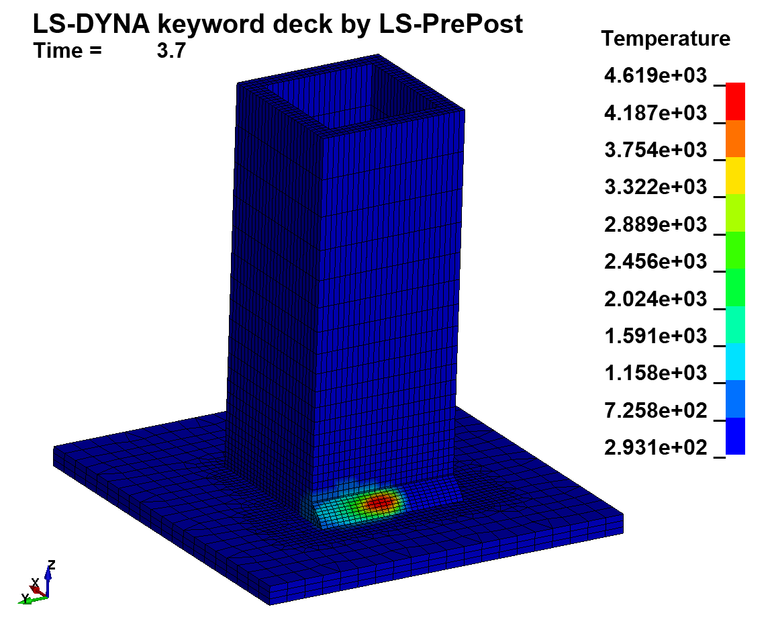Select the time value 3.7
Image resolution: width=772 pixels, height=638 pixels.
tap(171, 52)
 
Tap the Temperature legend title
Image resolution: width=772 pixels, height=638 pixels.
tap(665, 39)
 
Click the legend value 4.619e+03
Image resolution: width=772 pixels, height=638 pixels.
tap(655, 76)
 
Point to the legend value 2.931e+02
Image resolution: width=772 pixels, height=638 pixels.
tap(655, 447)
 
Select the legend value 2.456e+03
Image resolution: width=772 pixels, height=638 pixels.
tap(655, 262)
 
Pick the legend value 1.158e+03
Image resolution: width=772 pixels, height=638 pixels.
tap(655, 373)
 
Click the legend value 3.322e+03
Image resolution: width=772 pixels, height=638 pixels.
tap(655, 187)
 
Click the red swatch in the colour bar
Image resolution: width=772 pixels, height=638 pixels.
tap(736, 101)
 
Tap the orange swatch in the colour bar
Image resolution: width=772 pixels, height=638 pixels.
tap(736, 139)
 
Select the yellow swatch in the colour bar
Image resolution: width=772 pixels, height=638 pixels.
tap(736, 176)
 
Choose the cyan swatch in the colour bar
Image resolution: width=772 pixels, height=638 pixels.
tap(736, 361)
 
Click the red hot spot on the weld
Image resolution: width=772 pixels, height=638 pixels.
tap(380, 501)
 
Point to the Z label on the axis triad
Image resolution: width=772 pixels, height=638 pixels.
tap(51, 564)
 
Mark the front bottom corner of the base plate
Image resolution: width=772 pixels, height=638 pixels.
tap(270, 604)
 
